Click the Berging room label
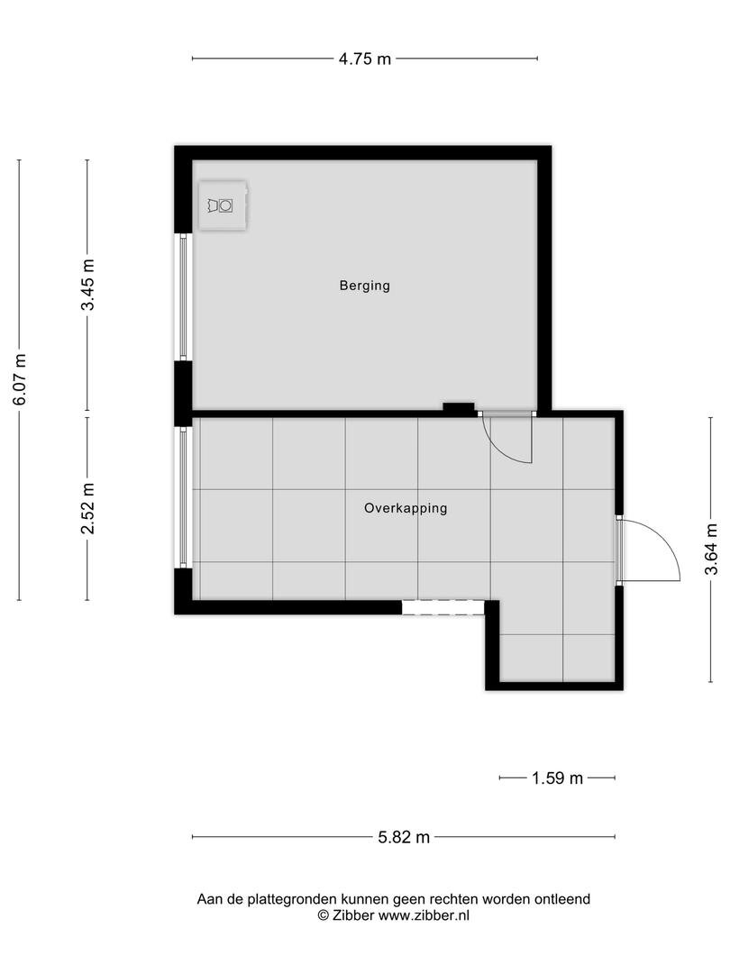pos(364,286)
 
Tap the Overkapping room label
pos(406,508)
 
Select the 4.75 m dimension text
pos(365,59)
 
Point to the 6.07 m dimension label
pos(19,379)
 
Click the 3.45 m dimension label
pos(87,285)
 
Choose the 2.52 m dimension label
pos(87,508)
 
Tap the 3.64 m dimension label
pos(711,550)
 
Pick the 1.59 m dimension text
pos(558,778)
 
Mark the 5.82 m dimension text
pos(404,837)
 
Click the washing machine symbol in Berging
pos(223,205)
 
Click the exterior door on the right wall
pos(648,550)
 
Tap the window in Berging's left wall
pos(183,296)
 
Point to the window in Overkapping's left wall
pos(183,497)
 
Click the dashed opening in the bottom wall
pos(443,607)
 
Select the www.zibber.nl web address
pos(424,915)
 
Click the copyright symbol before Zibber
pos(324,915)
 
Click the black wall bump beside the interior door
pos(459,408)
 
